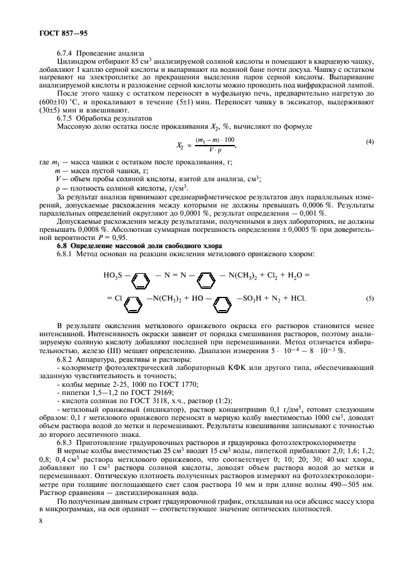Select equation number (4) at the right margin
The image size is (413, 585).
click(370, 142)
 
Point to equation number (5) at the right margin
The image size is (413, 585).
click(370, 298)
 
